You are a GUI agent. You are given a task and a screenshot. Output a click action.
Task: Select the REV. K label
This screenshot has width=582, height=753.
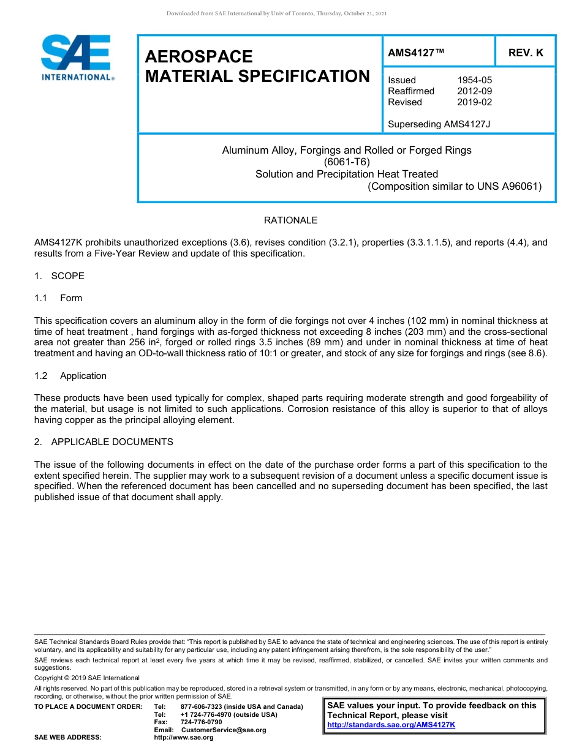(x=526, y=53)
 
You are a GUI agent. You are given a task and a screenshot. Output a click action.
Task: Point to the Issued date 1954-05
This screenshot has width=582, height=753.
(x=474, y=80)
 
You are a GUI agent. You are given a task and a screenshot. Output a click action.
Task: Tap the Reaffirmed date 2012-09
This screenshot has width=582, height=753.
(x=474, y=91)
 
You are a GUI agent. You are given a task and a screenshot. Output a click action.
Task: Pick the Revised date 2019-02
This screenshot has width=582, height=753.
(x=474, y=102)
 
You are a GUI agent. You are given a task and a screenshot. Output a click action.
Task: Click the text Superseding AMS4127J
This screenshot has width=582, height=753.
(x=439, y=124)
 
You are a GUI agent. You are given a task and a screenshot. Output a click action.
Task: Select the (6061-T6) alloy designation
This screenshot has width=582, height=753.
(x=346, y=162)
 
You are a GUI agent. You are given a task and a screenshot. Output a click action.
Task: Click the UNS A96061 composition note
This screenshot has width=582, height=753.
(x=455, y=186)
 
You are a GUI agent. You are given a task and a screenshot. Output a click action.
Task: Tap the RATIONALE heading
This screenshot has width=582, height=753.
(x=290, y=220)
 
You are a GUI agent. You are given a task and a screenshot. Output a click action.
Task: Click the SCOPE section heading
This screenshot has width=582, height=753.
(x=67, y=276)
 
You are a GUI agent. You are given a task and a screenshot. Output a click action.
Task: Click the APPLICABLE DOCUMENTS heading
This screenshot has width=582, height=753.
(x=112, y=442)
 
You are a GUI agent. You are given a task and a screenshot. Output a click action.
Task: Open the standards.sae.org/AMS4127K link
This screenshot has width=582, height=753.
(x=391, y=725)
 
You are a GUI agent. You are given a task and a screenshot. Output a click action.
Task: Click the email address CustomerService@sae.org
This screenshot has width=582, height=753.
(x=224, y=730)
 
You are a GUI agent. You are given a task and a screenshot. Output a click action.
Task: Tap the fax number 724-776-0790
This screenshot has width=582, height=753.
(x=202, y=722)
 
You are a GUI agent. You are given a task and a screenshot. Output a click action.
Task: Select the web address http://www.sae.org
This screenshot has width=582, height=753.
(x=184, y=737)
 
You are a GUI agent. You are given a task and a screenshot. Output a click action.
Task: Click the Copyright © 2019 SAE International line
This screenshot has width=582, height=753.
(x=87, y=678)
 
